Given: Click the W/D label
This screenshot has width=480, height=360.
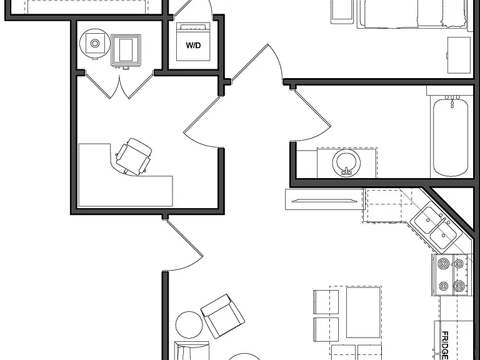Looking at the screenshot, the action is [193, 46].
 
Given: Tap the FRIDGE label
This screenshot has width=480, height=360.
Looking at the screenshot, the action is [445, 345].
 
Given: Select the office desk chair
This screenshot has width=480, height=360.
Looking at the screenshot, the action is [134, 157].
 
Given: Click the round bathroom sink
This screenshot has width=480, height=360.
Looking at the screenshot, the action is [346, 162].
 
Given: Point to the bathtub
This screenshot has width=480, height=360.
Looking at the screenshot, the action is [451, 136].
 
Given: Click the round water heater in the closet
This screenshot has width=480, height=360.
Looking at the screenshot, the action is [94, 43].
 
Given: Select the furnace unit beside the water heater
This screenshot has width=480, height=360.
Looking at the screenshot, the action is [126, 51].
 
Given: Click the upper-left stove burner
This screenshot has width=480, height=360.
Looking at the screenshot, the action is [444, 263].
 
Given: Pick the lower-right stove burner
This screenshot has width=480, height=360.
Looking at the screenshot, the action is [459, 286].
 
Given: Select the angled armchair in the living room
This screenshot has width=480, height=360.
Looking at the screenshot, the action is [222, 316].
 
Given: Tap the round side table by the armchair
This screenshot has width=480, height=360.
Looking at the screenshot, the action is [189, 325].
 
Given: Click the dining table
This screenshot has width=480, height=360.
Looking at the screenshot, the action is [364, 312].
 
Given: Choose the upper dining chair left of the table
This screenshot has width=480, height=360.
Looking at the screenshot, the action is [326, 302].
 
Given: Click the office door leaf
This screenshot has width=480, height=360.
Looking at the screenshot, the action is [202, 115].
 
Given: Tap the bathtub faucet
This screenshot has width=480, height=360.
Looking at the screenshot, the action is [452, 101].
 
